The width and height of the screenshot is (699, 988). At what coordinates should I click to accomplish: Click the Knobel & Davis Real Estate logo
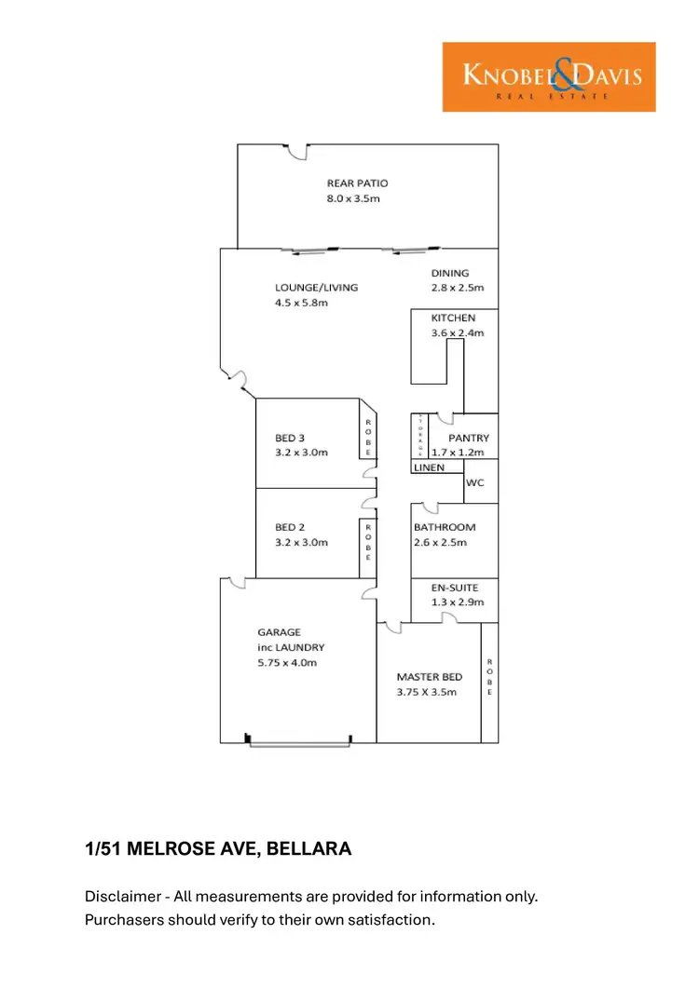coord(548,77)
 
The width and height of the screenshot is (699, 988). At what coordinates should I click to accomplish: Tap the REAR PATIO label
coord(357,183)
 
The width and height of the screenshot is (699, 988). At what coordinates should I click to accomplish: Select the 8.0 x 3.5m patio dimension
coord(353,198)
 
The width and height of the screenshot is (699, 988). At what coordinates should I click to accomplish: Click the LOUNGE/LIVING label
coord(316,288)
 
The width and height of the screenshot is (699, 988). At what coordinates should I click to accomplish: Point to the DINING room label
coord(450,273)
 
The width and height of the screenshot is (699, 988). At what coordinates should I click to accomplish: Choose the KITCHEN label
coord(453,318)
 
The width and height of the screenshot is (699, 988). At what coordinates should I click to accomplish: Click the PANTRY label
coord(468,438)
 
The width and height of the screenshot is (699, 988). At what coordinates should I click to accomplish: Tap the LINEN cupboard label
coord(430,467)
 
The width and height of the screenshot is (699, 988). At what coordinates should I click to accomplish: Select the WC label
coord(475,483)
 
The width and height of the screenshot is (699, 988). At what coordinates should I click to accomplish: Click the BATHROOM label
coord(445,527)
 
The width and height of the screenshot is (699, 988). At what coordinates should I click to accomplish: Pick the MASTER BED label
coord(429,677)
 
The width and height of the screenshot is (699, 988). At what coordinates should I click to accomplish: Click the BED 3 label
coord(290,438)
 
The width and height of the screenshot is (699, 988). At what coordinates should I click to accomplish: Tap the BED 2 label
coord(290,527)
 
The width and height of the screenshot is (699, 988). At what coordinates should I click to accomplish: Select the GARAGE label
coord(280,632)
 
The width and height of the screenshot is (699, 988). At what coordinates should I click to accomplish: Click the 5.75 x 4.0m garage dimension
coord(288,662)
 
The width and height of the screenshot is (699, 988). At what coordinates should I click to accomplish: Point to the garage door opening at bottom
coord(298,743)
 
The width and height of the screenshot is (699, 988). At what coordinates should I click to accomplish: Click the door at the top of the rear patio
coord(296,149)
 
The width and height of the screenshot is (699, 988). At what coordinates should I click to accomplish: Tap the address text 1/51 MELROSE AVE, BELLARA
coord(218,848)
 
